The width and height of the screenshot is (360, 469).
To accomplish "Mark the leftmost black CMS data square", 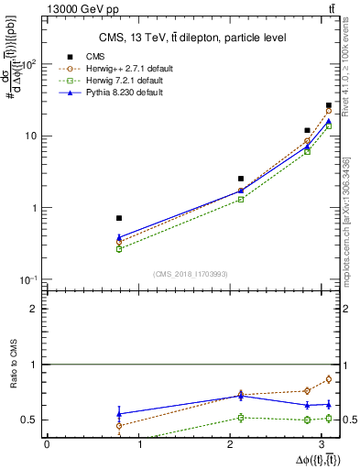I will tap(119, 218).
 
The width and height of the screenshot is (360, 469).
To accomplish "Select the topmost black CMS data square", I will tap(329, 106).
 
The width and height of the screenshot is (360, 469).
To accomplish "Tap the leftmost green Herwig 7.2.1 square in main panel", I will tap(119, 248).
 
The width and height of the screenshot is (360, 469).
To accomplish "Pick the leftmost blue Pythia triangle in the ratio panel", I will tap(119, 414).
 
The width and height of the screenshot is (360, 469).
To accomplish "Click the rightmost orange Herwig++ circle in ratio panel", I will tap(329, 379).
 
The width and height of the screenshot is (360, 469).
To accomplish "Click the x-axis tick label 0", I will tap(47, 444).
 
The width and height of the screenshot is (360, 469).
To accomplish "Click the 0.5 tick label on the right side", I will tap(348, 420).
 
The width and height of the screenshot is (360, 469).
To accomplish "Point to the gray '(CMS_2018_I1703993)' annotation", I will tap(190, 273).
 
